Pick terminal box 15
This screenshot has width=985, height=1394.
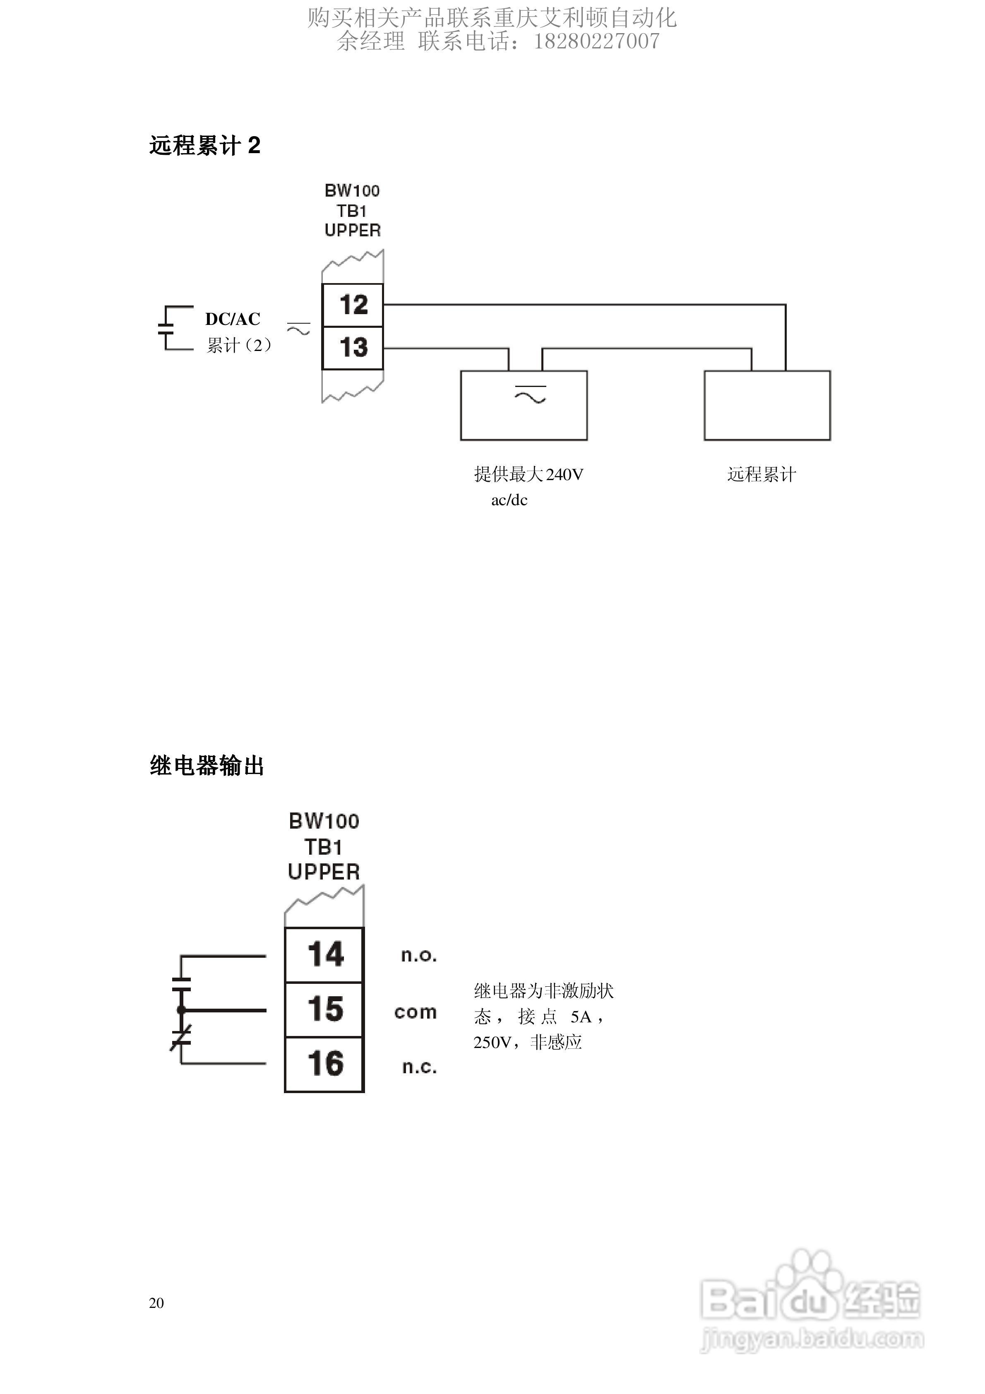(x=324, y=1009)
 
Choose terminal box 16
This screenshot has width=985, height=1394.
(x=324, y=1064)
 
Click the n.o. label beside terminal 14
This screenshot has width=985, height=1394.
(x=418, y=956)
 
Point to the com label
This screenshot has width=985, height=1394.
(x=416, y=1012)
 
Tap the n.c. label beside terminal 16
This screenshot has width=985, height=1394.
(x=419, y=1067)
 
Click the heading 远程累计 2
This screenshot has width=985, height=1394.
(x=204, y=146)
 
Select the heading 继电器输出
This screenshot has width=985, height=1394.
(x=207, y=766)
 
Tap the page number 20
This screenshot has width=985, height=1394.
(x=156, y=1303)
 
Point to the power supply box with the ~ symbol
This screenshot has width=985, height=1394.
(x=524, y=405)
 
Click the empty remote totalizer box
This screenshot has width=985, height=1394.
(x=766, y=405)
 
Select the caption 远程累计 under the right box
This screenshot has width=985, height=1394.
(x=762, y=474)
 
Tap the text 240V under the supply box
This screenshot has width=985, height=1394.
(x=565, y=474)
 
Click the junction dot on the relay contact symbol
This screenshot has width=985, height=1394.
(x=181, y=1009)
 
